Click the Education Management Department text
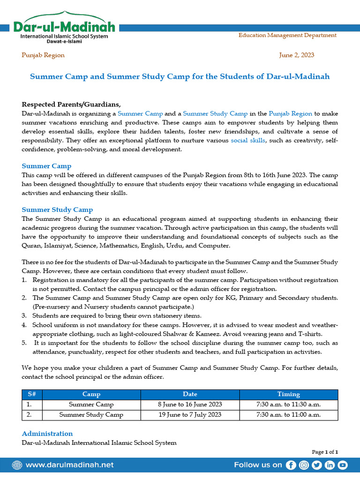click(x=287, y=35)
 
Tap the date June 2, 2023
click(x=296, y=55)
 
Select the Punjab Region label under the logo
click(x=43, y=55)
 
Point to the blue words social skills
click(x=248, y=140)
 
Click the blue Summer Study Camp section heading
click(x=57, y=210)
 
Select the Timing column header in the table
click(x=288, y=394)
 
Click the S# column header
click(x=29, y=394)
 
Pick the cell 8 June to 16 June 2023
click(x=190, y=405)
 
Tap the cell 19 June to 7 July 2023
click(x=190, y=414)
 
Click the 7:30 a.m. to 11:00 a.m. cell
click(x=288, y=414)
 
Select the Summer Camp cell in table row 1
click(x=91, y=405)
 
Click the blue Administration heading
click(x=47, y=434)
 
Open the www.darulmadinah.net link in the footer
click(x=69, y=465)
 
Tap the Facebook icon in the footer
click(x=291, y=465)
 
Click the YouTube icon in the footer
click(x=343, y=465)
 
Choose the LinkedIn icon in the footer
click(x=330, y=465)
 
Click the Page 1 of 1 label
click(x=325, y=452)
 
